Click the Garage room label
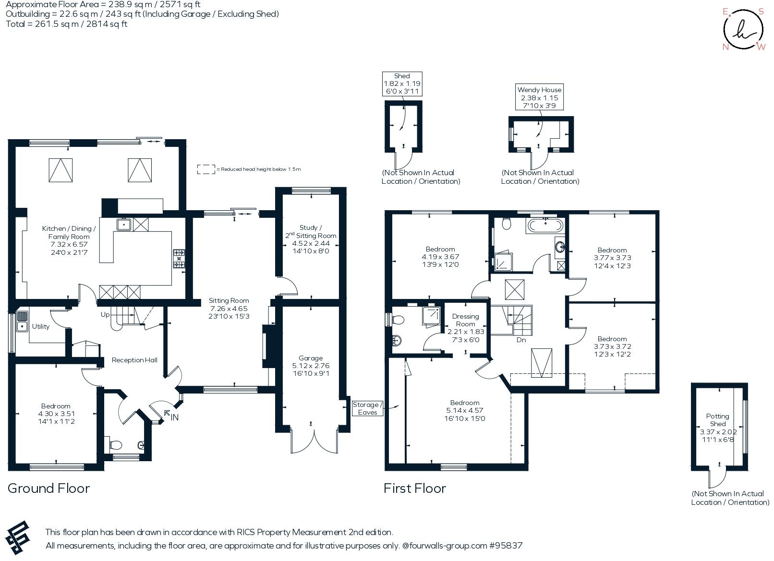click(311, 358)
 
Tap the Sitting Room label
click(229, 301)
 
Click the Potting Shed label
click(718, 420)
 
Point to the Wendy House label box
click(539, 97)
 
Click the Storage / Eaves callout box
click(368, 408)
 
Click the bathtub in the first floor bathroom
click(545, 226)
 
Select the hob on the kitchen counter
click(179, 259)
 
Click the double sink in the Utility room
click(22, 321)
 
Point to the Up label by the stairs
click(105, 315)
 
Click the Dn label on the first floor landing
click(521, 340)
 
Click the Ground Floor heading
click(48, 489)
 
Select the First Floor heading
click(415, 489)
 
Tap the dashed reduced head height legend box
click(206, 169)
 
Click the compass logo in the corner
click(743, 29)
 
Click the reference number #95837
click(506, 546)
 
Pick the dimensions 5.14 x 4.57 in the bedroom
click(465, 410)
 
